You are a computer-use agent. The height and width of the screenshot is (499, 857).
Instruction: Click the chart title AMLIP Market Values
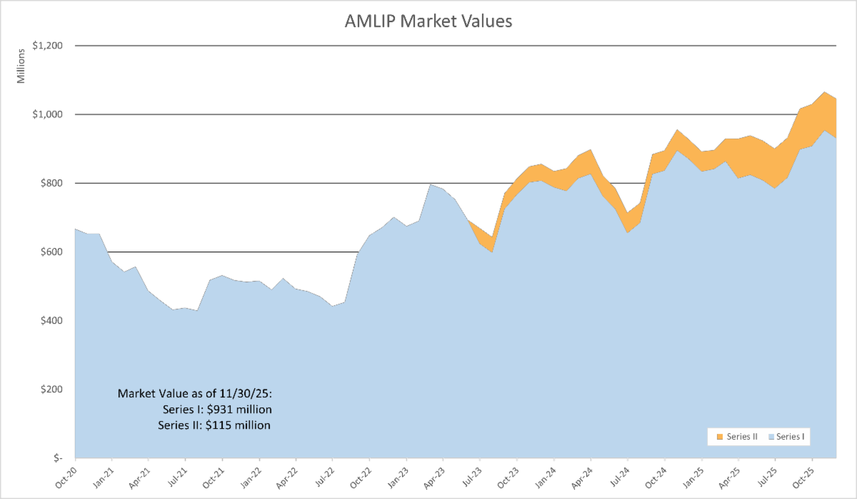click(428, 21)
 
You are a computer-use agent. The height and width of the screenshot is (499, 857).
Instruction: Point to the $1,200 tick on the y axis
click(47, 46)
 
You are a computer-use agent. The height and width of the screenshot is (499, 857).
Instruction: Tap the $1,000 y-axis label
click(47, 114)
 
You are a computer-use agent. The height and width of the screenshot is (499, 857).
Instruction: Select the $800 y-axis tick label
click(51, 183)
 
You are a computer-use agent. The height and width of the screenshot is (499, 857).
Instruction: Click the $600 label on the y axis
click(51, 252)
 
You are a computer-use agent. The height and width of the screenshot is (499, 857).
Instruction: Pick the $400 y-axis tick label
click(51, 320)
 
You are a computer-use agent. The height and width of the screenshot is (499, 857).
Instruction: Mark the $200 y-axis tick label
click(51, 389)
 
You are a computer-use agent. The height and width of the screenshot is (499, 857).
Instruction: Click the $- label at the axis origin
click(58, 458)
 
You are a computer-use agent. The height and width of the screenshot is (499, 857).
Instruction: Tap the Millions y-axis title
click(21, 66)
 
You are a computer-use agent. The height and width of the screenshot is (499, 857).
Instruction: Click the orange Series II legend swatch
click(720, 437)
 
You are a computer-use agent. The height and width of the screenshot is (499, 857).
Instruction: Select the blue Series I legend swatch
click(771, 437)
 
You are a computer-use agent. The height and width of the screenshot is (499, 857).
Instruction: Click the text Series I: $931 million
click(217, 410)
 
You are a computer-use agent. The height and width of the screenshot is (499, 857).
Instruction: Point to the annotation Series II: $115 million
click(214, 425)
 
